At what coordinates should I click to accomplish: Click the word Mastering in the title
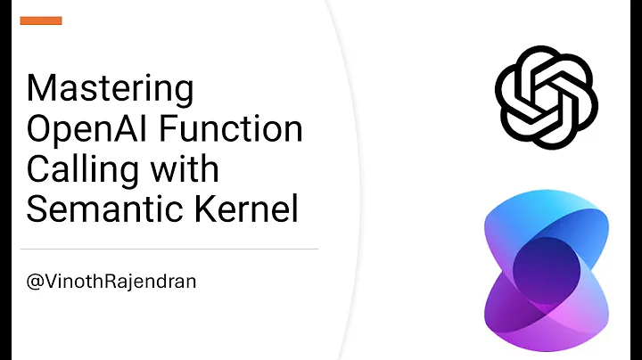(111, 90)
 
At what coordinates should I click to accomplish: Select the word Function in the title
(232, 129)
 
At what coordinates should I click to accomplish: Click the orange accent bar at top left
(41, 20)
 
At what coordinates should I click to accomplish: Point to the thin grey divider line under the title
(169, 249)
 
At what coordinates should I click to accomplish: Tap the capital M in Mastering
(41, 90)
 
